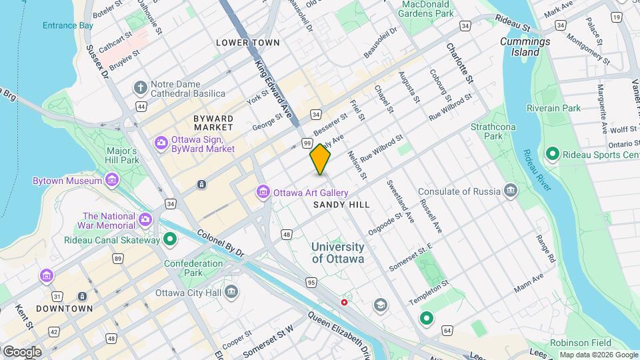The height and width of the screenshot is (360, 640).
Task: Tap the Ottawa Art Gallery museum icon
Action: click(x=263, y=193)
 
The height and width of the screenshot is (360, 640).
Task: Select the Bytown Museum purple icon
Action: click(x=111, y=181)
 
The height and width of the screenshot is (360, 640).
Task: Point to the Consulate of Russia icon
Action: click(x=511, y=191)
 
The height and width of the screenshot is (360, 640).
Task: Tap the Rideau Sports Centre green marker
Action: click(x=552, y=155)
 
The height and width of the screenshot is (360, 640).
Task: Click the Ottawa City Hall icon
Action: click(x=231, y=292)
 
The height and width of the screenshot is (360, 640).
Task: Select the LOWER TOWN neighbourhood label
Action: click(x=248, y=43)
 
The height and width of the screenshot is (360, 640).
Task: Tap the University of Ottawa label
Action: click(x=338, y=253)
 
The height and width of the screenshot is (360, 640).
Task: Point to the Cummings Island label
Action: click(x=525, y=47)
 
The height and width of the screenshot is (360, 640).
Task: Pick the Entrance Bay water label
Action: click(x=67, y=25)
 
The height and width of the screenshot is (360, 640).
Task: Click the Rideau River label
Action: click(x=537, y=170)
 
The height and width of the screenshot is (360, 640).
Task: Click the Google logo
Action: click(x=22, y=351)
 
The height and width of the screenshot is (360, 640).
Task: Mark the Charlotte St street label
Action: click(x=459, y=63)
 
